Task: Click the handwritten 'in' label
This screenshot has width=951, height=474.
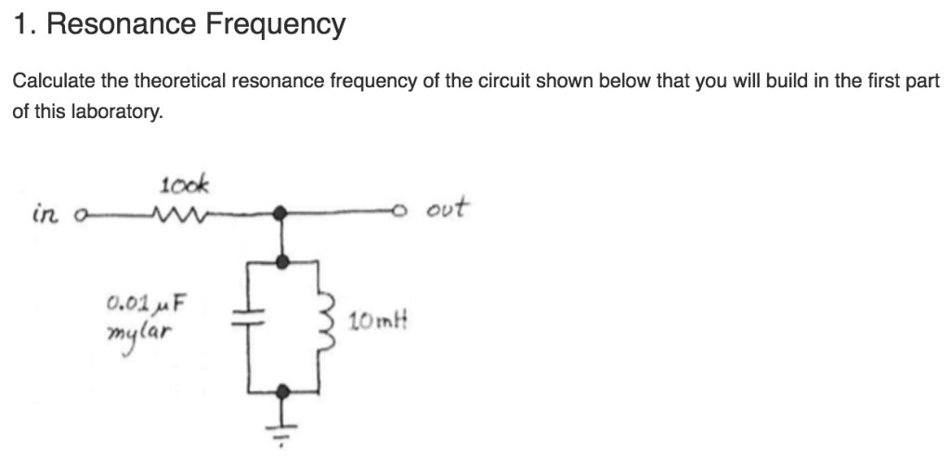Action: coord(45,215)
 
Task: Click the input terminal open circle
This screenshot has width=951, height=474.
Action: coord(81,216)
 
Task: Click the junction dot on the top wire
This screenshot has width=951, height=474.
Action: coord(285,214)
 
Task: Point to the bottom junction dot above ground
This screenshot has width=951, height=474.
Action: coord(285,391)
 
